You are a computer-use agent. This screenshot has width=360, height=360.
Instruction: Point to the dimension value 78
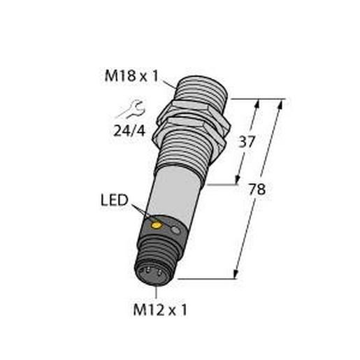[x=259, y=189]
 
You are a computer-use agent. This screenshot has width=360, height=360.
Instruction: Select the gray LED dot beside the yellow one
[x=176, y=229]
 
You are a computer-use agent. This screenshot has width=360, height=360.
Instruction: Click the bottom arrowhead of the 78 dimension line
[x=236, y=275]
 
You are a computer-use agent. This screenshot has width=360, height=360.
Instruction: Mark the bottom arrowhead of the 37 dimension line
[x=242, y=181]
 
